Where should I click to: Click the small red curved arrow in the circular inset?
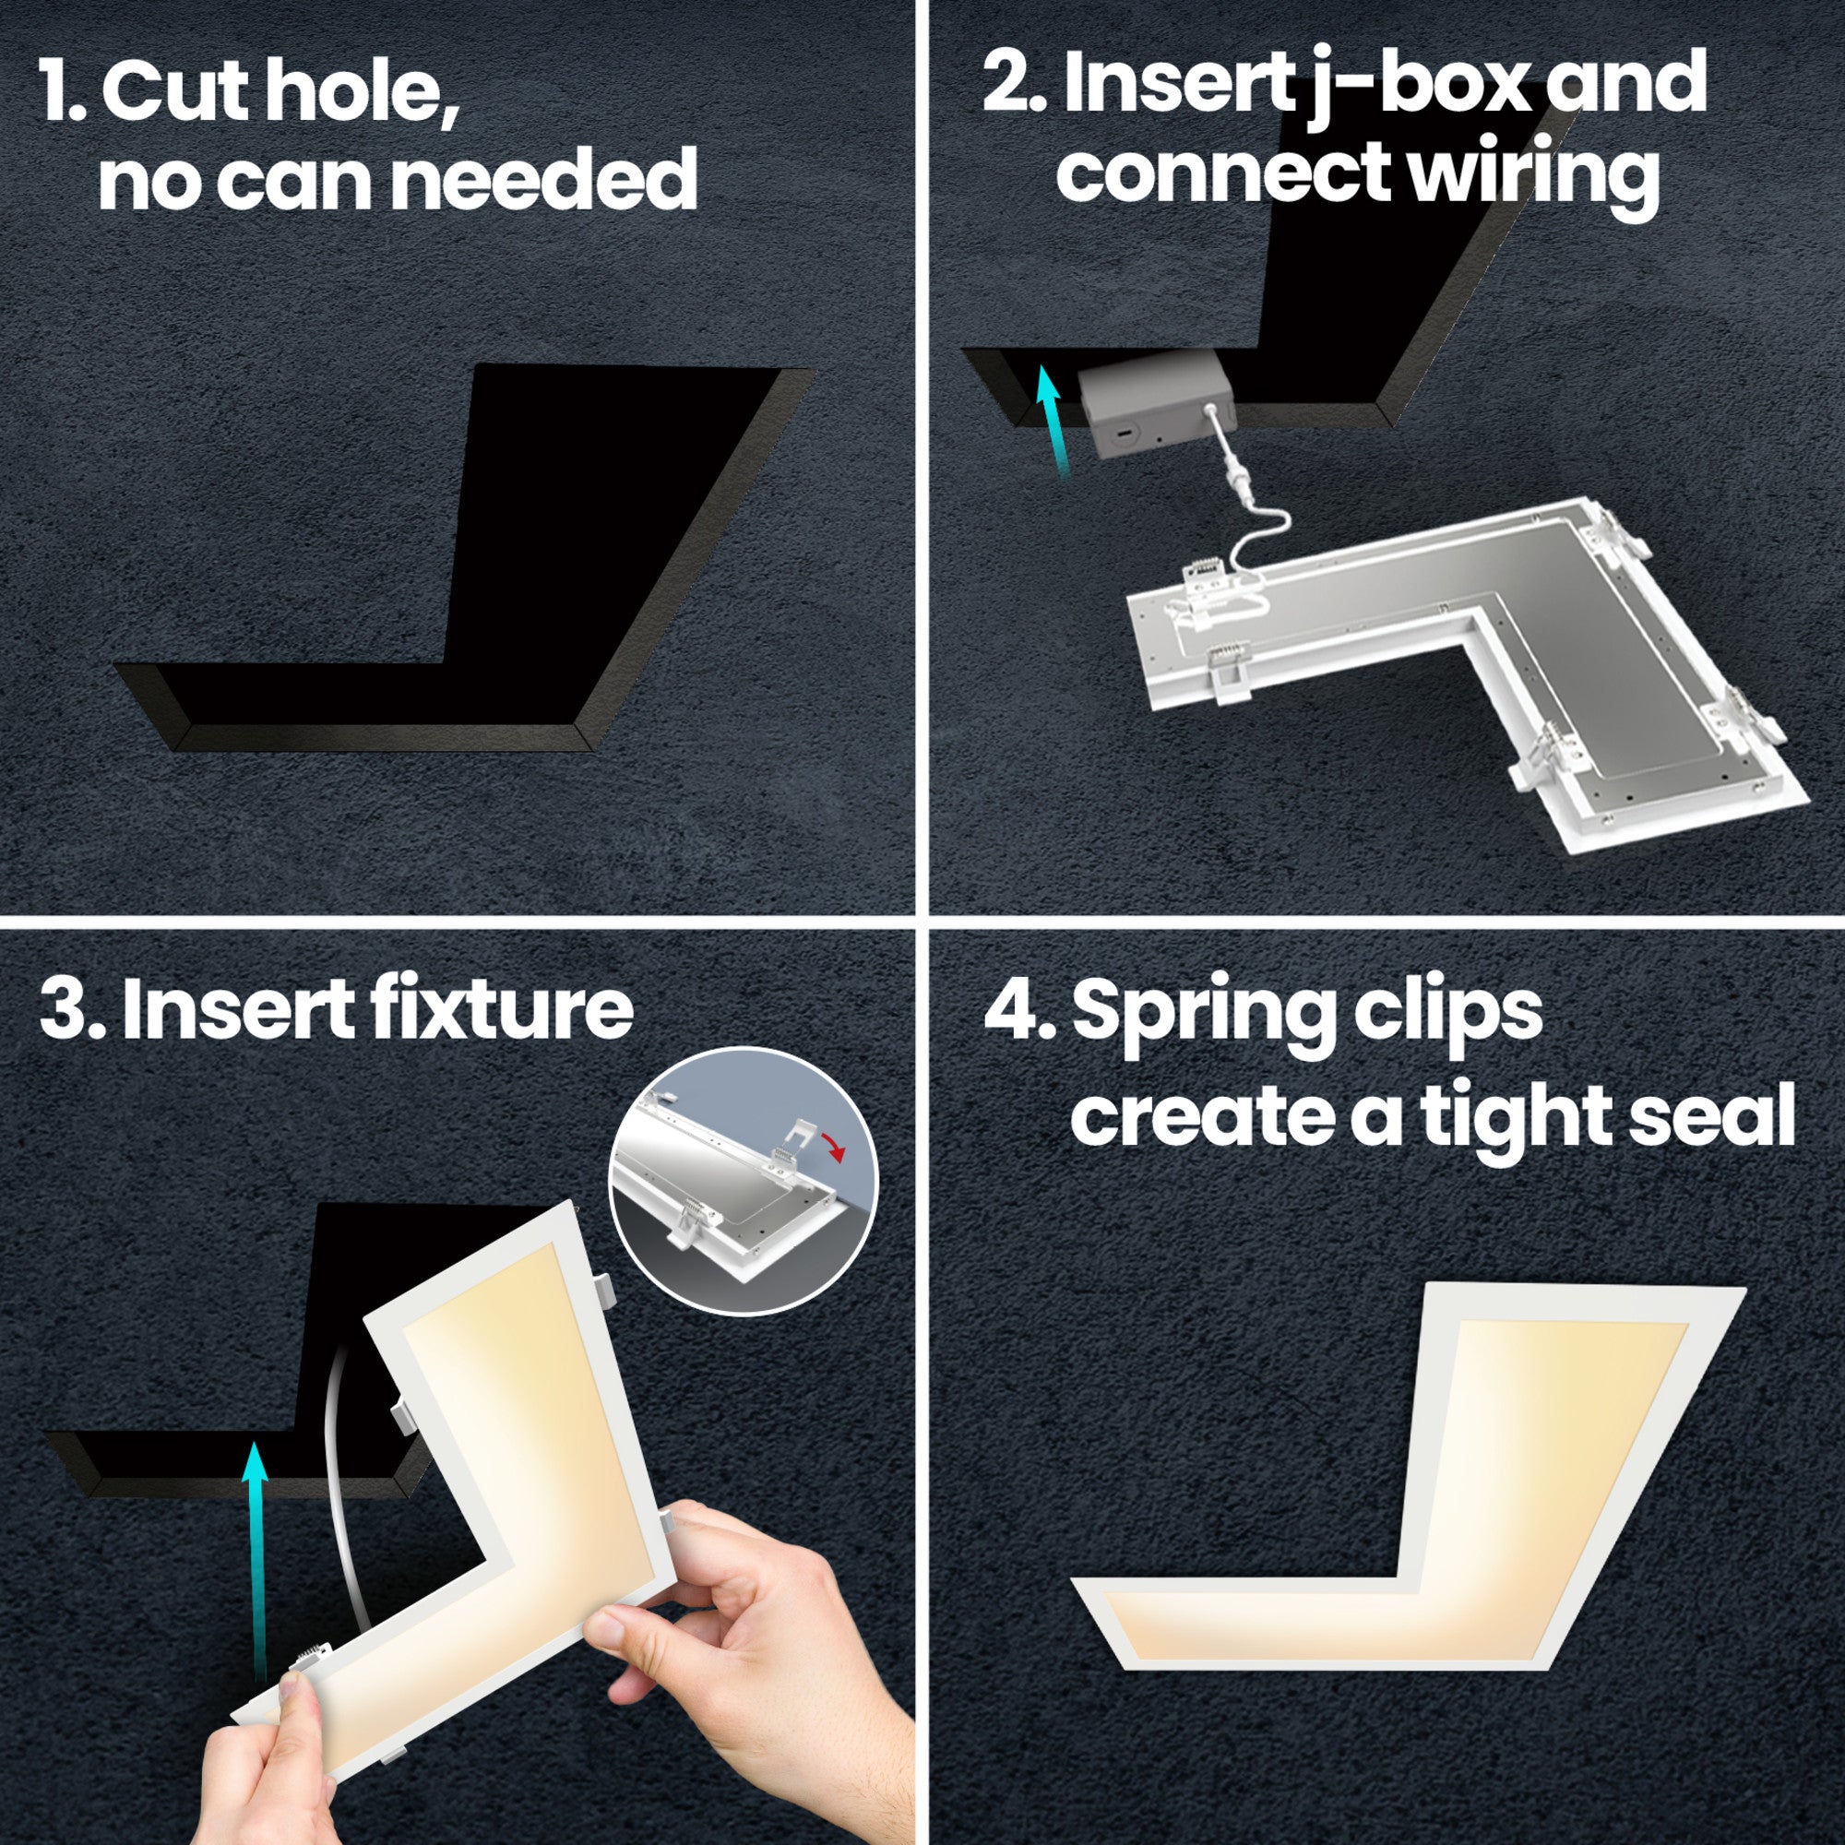(x=836, y=1147)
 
